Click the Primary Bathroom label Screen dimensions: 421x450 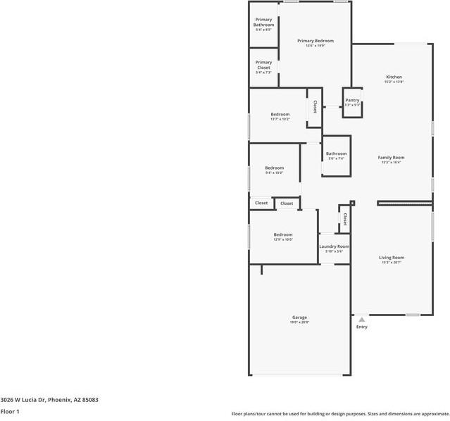click(x=263, y=22)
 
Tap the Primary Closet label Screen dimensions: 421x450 click(x=263, y=65)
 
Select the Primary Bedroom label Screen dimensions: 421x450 click(x=315, y=41)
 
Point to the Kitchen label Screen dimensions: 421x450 click(x=394, y=77)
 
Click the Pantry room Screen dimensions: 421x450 click(x=352, y=102)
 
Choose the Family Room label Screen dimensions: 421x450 click(x=391, y=158)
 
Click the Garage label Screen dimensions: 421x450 click(x=299, y=318)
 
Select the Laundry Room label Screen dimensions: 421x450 click(x=334, y=246)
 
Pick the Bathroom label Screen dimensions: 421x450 click(x=336, y=153)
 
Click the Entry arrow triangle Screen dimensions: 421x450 click(x=361, y=320)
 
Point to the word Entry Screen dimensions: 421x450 click(x=361, y=327)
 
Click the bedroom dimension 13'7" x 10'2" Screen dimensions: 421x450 click(x=280, y=119)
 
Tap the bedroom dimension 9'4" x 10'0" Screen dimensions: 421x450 click(x=274, y=172)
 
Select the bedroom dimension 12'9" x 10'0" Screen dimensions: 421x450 click(x=283, y=239)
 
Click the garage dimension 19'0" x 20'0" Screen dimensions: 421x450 click(x=299, y=322)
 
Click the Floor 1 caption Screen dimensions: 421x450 click(x=10, y=411)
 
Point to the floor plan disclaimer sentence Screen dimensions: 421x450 click(x=340, y=414)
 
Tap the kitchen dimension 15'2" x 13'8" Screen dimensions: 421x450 click(x=394, y=82)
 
